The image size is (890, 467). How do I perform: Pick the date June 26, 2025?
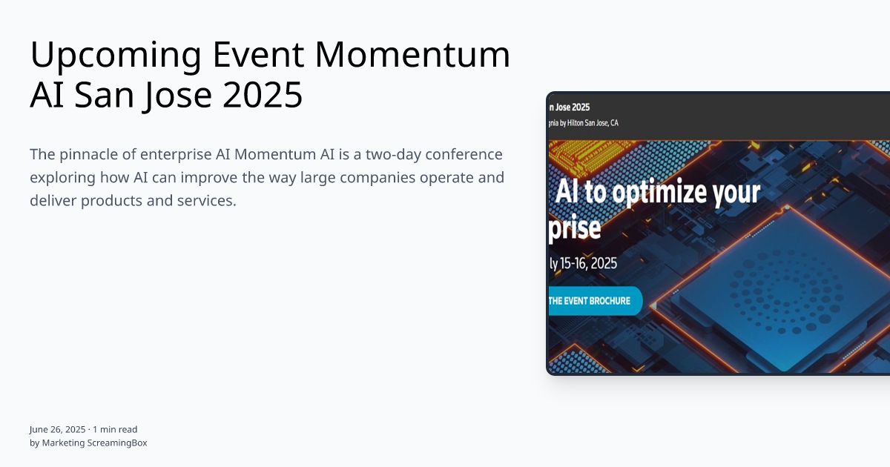click(x=58, y=429)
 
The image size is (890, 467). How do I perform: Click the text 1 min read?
click(x=115, y=429)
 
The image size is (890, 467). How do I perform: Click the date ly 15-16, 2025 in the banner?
click(x=583, y=263)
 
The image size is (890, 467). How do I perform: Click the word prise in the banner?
click(x=575, y=228)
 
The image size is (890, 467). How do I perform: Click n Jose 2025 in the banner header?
click(x=570, y=107)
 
